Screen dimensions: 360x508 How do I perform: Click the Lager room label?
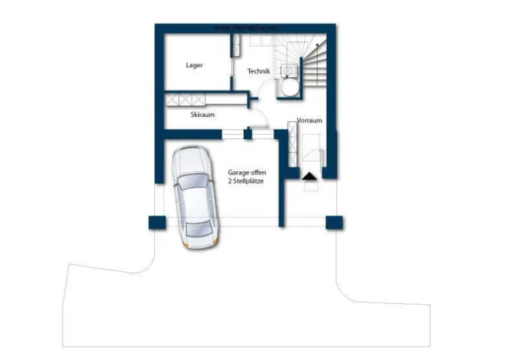click(195, 65)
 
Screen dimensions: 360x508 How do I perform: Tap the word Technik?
click(258, 72)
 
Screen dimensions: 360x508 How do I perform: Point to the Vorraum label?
click(310, 121)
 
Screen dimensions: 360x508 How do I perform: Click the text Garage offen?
click(246, 172)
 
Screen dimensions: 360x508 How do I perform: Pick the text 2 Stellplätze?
click(246, 182)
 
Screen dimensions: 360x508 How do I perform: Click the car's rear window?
click(202, 227)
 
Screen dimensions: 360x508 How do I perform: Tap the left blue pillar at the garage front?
click(156, 223)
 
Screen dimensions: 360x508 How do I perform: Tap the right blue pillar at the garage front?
click(335, 223)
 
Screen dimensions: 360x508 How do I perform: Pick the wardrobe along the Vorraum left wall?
click(293, 144)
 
